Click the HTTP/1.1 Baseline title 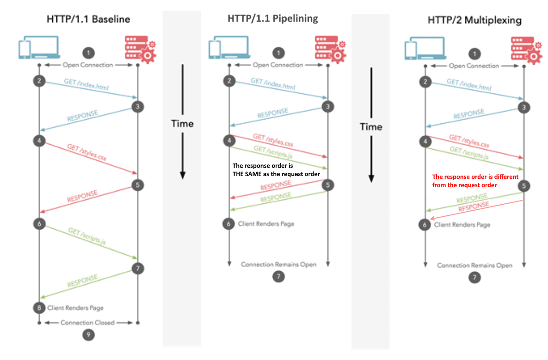tap(88, 19)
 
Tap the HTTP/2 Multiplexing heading tap(474, 20)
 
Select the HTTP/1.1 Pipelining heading tap(273, 18)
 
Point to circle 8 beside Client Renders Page tap(39, 307)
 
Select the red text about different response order tap(475, 181)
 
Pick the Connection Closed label tap(87, 323)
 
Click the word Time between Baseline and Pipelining tap(182, 123)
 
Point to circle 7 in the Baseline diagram tap(138, 268)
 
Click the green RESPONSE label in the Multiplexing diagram tap(472, 199)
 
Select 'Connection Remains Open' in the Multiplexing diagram tap(474, 265)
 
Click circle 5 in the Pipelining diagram tap(328, 185)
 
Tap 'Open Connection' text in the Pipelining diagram tap(277, 65)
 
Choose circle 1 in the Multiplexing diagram tap(474, 54)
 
